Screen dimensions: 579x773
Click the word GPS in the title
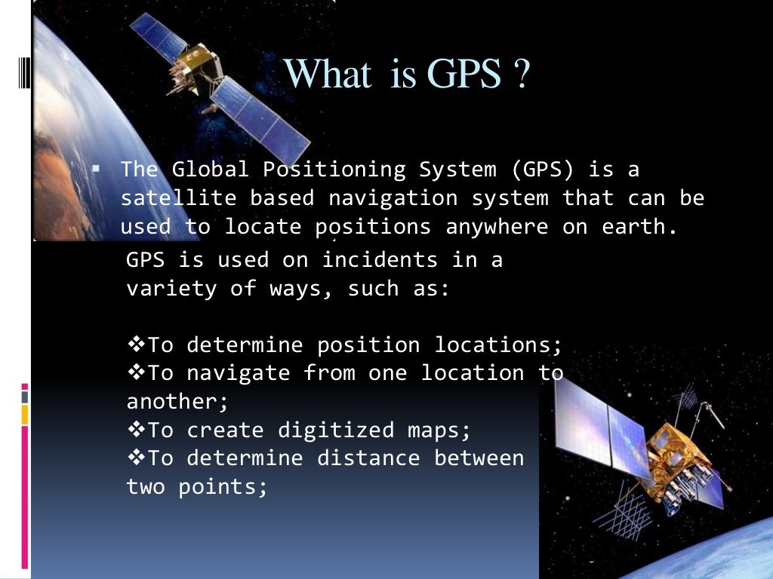pos(463,75)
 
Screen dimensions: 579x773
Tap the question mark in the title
pos(521,75)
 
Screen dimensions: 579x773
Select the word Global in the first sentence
pos(210,170)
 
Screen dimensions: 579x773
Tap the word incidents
pos(379,260)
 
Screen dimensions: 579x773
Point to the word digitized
pos(336,430)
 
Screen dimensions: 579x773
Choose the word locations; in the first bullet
pos(498,345)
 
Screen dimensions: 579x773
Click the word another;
pos(177,402)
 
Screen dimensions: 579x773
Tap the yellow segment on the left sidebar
pos(25,414)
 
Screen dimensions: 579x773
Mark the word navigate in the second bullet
pos(239,373)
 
